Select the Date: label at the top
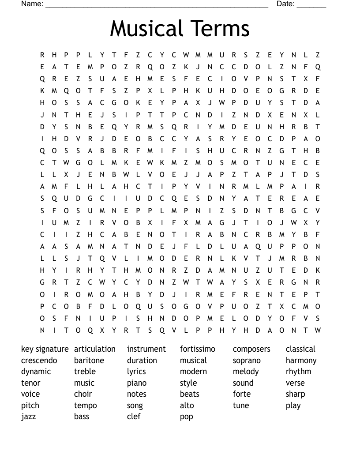click(285, 4)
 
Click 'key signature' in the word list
click(45, 349)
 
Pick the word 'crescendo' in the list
click(39, 361)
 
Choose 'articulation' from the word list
click(94, 349)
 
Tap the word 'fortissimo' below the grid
click(198, 349)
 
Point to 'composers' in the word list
click(251, 349)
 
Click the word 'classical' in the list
click(300, 349)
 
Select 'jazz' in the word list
click(28, 417)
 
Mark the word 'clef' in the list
click(134, 416)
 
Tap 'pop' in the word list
click(187, 417)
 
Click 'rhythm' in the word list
click(298, 372)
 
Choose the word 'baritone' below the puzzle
click(89, 361)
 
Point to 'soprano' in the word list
click(247, 361)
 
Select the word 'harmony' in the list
click(301, 361)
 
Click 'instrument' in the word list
click(146, 349)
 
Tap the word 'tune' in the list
click(241, 405)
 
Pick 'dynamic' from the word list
click(36, 372)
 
